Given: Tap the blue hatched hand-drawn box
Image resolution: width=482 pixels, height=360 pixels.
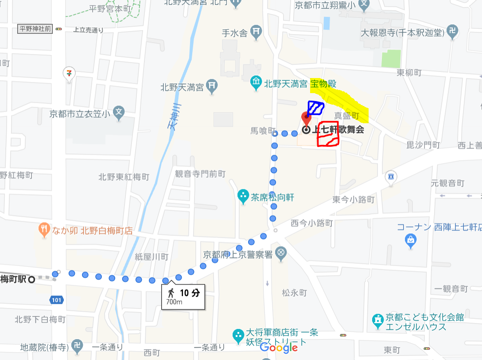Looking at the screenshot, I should (315, 108).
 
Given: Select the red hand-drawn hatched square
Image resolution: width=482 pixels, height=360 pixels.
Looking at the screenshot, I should (328, 134).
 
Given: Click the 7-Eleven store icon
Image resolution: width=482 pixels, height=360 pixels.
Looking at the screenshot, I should (69, 73).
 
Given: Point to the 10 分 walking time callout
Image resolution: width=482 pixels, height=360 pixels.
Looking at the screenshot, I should (183, 296).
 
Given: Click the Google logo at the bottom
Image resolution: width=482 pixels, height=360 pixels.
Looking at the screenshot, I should (279, 348).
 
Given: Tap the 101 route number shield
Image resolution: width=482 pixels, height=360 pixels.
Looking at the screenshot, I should (57, 301).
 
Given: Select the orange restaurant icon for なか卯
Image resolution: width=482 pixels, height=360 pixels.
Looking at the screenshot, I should (43, 230).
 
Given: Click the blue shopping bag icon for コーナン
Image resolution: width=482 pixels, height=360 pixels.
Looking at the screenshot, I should (411, 241).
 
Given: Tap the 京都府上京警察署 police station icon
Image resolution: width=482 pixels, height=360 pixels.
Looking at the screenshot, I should (280, 254).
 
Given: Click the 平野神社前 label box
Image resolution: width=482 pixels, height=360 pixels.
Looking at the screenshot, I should (35, 29).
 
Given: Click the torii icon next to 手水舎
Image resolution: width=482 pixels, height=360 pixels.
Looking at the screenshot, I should (256, 32).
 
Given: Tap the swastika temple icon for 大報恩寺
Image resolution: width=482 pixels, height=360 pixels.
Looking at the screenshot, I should (452, 32).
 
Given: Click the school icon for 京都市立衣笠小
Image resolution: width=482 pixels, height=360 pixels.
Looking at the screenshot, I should (118, 113).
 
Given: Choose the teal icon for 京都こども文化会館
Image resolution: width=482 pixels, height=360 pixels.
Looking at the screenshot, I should (377, 319).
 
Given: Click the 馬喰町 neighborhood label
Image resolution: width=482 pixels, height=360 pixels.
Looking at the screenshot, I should (260, 130).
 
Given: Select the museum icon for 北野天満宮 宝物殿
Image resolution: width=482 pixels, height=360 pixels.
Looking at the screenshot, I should (256, 82).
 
